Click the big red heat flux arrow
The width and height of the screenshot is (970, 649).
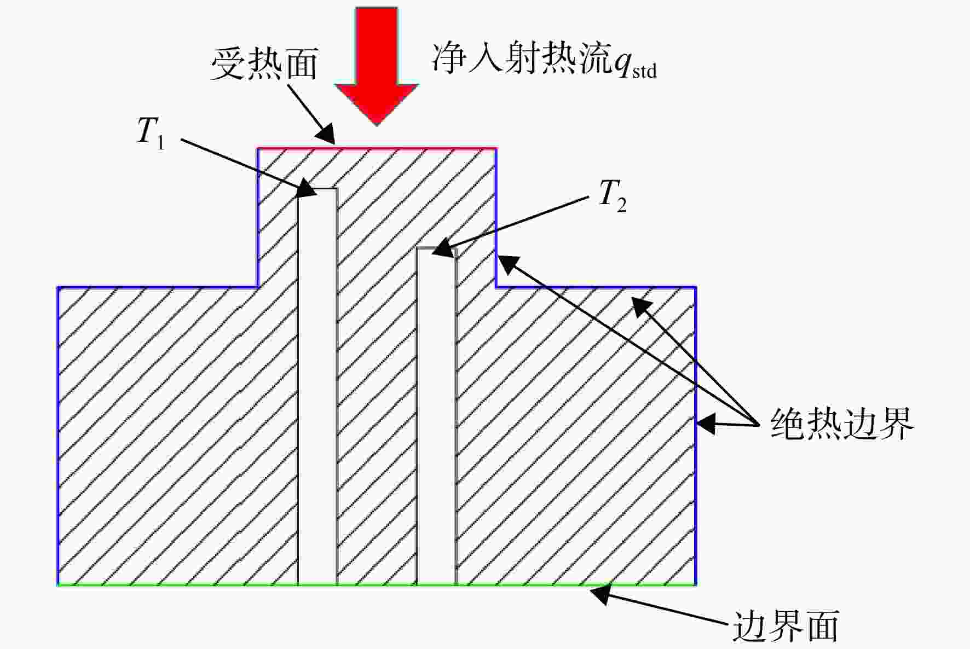click(377, 66)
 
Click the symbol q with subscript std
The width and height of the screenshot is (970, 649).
click(635, 65)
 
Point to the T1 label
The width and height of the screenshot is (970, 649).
click(151, 133)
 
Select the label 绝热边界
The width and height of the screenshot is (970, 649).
click(842, 423)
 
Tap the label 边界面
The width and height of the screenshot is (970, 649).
click(786, 625)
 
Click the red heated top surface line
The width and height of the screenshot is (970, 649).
click(377, 148)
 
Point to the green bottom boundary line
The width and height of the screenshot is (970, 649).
click(377, 585)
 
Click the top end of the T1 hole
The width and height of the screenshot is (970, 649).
click(317, 189)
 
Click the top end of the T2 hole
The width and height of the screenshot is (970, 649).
click(436, 249)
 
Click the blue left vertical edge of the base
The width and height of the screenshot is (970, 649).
click(58, 436)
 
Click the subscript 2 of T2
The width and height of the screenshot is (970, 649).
click(621, 204)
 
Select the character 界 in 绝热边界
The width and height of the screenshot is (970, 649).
click(896, 423)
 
